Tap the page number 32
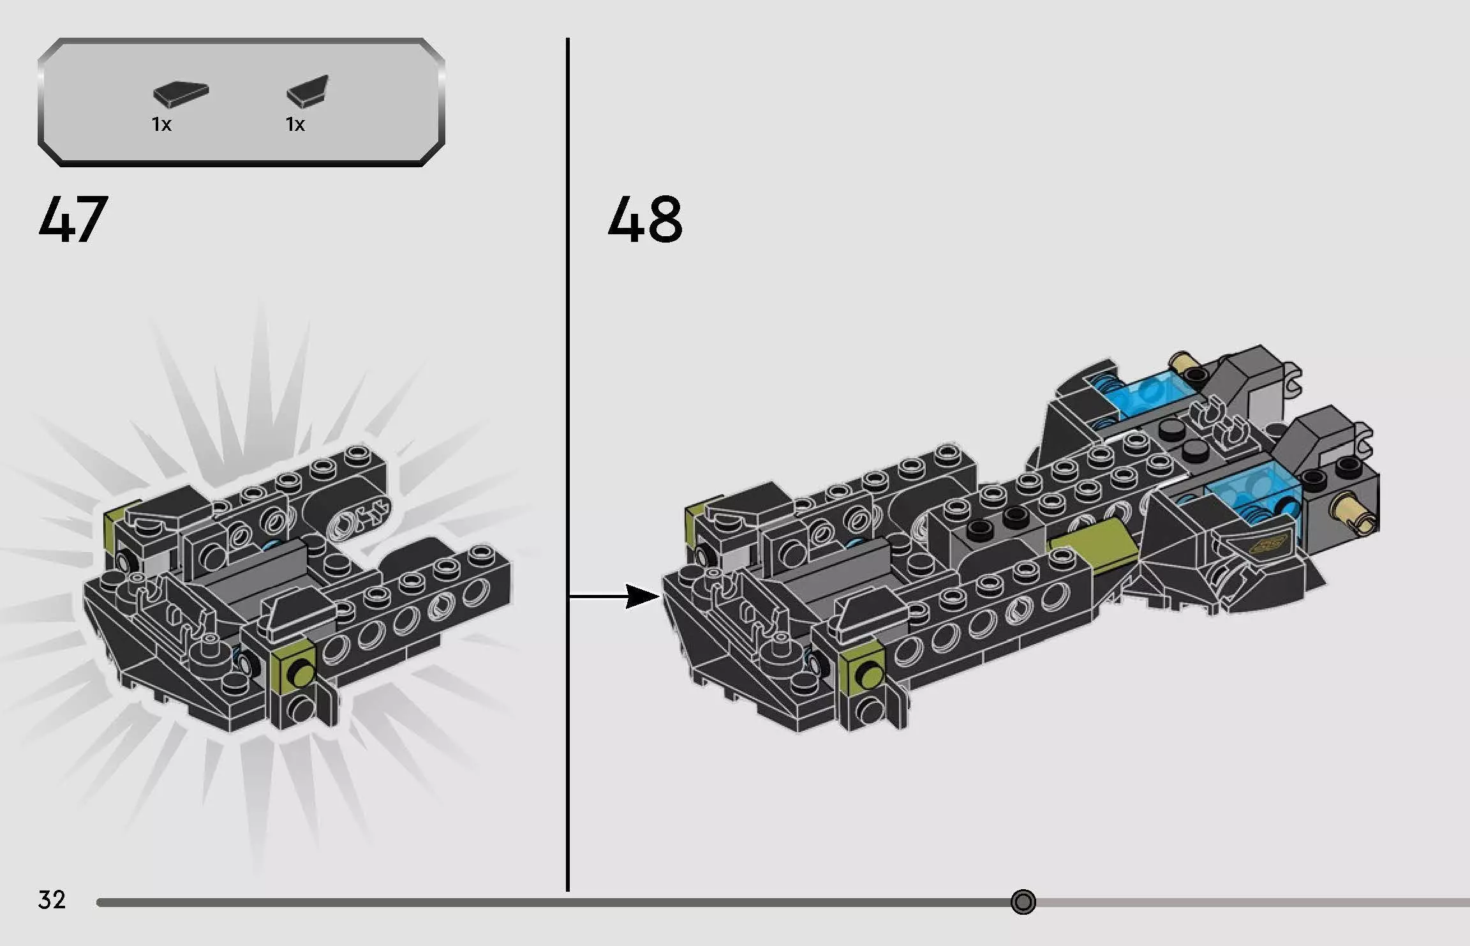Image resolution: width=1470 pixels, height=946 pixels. [52, 899]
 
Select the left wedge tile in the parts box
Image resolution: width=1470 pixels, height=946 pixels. [181, 94]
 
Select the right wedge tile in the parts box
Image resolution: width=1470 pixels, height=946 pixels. [308, 91]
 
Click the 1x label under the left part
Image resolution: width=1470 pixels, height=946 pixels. [161, 124]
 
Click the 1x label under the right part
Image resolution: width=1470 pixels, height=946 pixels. [295, 124]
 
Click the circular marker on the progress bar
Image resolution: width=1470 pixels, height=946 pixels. [1023, 902]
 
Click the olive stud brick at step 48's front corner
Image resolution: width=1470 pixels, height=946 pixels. [863, 666]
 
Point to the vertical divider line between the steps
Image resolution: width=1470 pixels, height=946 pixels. [567, 447]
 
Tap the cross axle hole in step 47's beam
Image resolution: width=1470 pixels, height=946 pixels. [371, 512]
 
